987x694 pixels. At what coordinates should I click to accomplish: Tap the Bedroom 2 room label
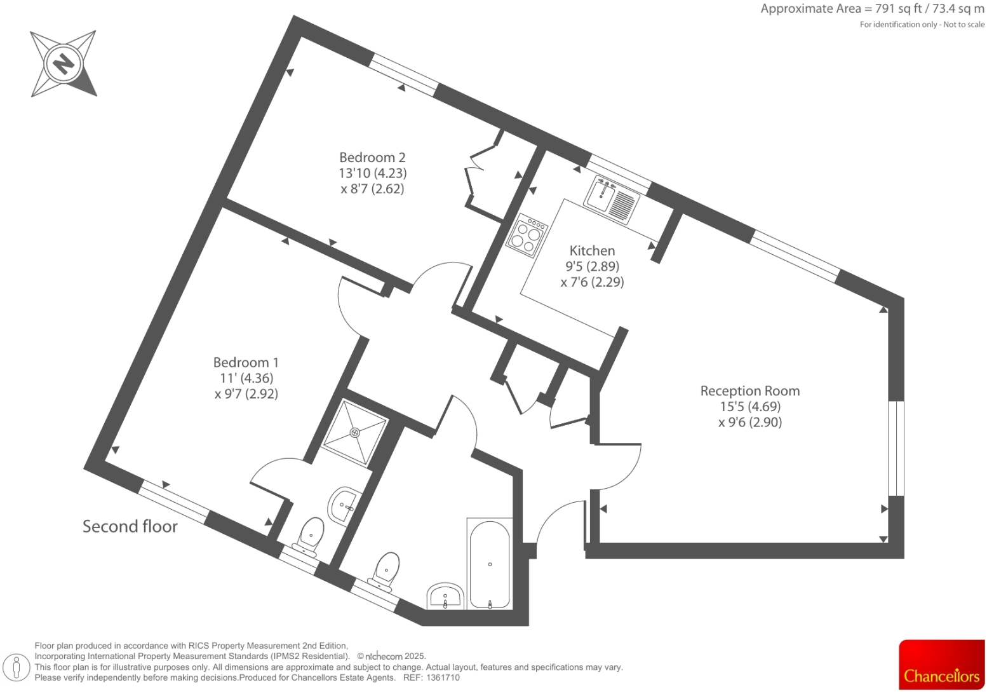pos(372,158)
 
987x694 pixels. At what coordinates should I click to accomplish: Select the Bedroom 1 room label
pos(246,363)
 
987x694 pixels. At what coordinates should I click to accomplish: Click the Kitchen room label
pos(592,251)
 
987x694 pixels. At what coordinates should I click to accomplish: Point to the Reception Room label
pos(750,391)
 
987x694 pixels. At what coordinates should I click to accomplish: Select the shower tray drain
pos(354,433)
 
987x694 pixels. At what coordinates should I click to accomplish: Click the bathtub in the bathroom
pos(490,564)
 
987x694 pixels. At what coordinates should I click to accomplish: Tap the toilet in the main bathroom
pos(386,568)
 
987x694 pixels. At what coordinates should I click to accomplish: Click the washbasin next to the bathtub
pos(445,596)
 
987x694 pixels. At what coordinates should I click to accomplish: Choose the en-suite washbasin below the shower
pos(344,504)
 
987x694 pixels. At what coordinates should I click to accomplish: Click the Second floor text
pos(130,527)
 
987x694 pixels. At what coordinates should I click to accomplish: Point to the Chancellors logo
pos(941,665)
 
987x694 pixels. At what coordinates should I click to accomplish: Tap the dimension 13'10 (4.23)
pos(372,173)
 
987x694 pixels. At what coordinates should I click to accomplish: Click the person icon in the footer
pos(17,668)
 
